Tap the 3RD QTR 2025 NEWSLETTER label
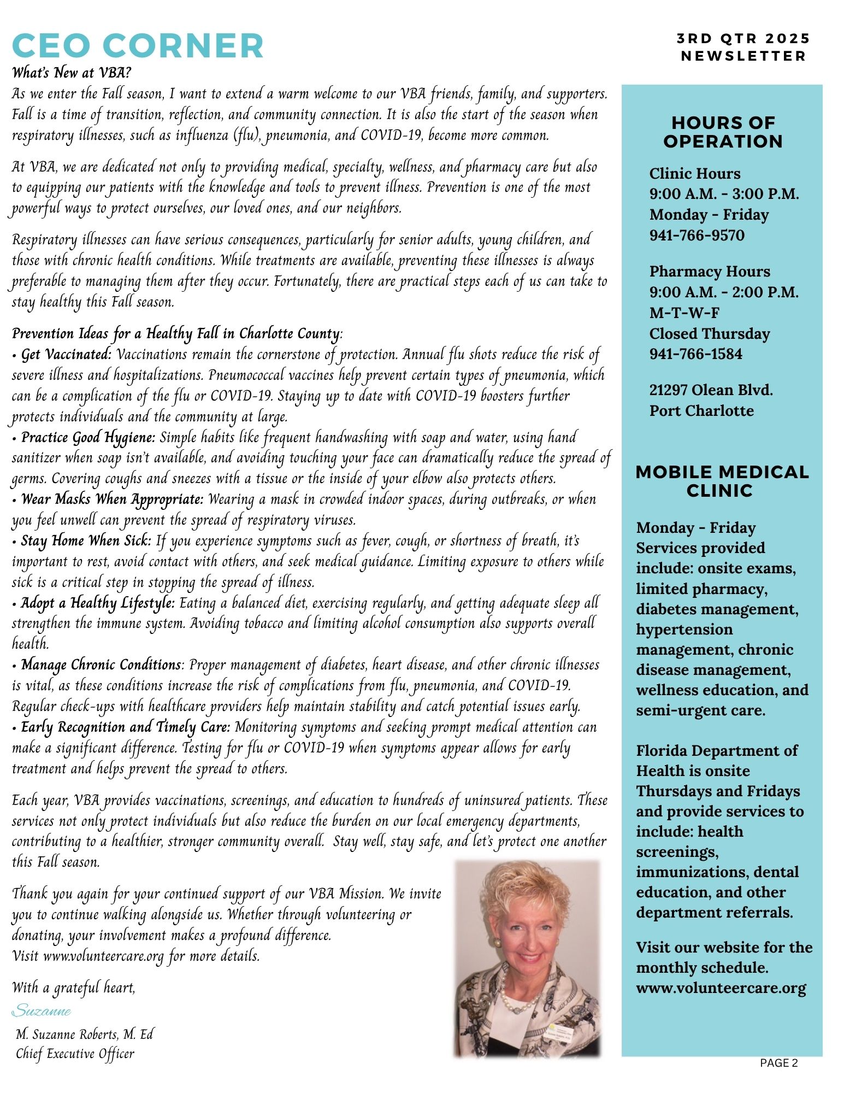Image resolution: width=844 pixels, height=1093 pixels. click(x=743, y=47)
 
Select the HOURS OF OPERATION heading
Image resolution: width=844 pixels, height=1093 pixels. click(x=723, y=132)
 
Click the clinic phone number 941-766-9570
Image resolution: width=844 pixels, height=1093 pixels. click(x=697, y=235)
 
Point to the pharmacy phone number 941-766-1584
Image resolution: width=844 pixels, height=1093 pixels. click(x=695, y=354)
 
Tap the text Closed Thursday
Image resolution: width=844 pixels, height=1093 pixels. click(x=709, y=333)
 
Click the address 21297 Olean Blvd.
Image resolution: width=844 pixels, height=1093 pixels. click(x=711, y=390)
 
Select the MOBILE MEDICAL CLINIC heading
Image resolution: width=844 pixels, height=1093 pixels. click(x=722, y=481)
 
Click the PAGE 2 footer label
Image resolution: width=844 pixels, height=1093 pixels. click(x=778, y=1062)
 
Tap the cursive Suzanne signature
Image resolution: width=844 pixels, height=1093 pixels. click(x=42, y=1010)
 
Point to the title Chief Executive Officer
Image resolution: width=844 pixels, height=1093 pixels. click(x=75, y=1053)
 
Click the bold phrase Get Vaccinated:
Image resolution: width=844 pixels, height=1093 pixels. click(x=66, y=355)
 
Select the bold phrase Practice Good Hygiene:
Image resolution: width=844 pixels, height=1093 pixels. click(x=88, y=438)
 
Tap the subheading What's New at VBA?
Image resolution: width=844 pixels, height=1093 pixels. click(x=72, y=72)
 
